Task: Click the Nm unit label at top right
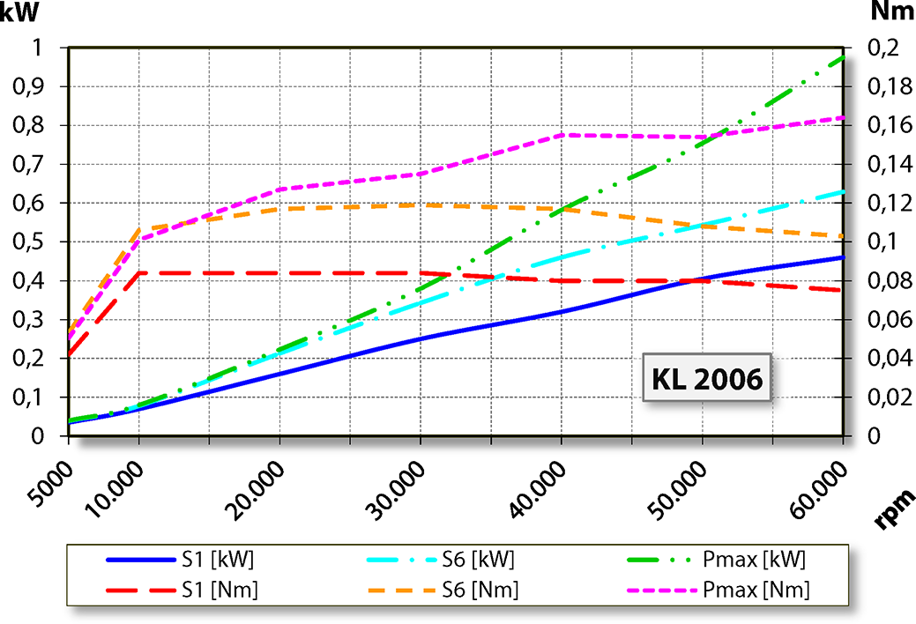[x=891, y=12]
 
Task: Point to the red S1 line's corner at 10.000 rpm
[x=139, y=273]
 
